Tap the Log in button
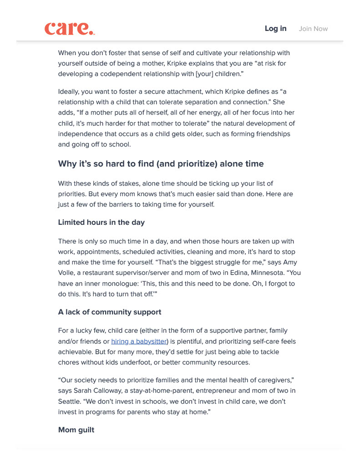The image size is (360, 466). [x=275, y=29]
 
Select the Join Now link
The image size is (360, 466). [x=313, y=29]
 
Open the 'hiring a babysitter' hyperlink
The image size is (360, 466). [x=139, y=341]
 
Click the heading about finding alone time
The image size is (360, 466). [x=161, y=164]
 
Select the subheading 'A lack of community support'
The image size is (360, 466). [x=110, y=312]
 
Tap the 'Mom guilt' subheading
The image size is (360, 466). [x=76, y=430]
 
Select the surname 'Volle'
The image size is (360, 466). [x=67, y=273]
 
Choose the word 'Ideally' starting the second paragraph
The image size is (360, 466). [x=70, y=91]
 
